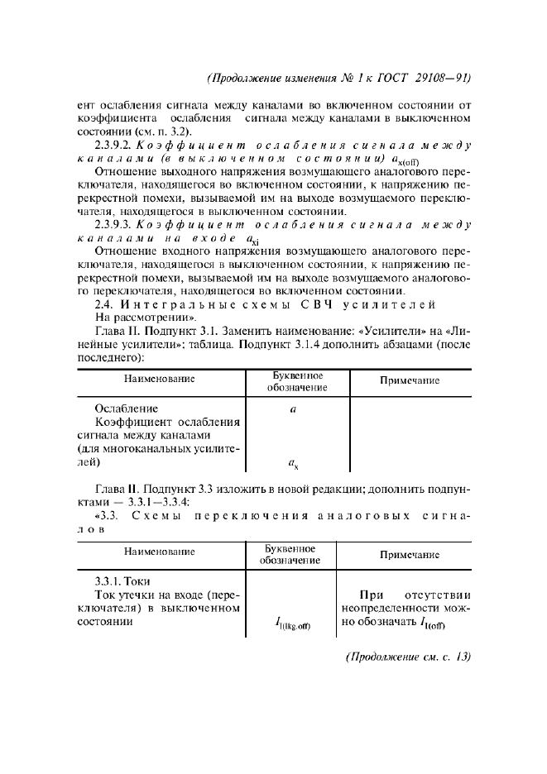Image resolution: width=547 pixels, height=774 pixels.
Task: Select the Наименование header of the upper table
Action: point(160,380)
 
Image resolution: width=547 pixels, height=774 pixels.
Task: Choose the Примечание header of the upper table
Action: point(408,380)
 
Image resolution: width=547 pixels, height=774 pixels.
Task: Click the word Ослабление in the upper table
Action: point(126,408)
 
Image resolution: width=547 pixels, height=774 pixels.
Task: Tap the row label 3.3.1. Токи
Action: point(122,581)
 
